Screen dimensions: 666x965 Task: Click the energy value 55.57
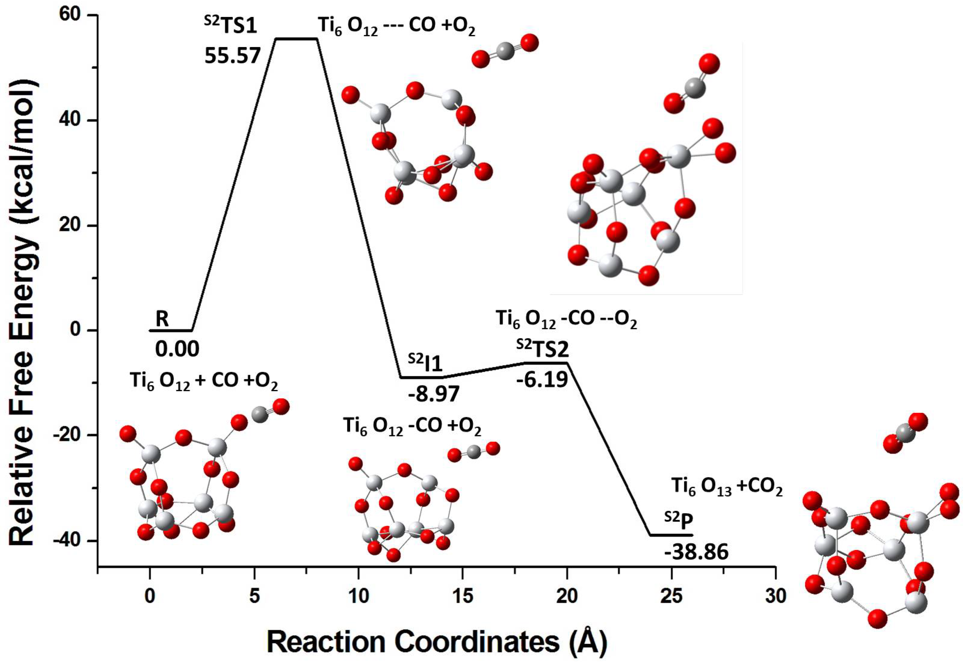tap(232, 55)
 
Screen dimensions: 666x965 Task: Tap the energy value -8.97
tap(434, 393)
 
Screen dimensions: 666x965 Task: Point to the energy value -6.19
tap(542, 380)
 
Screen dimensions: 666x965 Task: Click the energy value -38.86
tap(696, 552)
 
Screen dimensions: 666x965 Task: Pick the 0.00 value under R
tap(177, 348)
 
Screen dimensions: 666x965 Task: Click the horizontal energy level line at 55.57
tap(297, 39)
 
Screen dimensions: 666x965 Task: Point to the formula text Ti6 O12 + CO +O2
tap(204, 381)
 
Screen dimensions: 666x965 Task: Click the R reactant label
tap(162, 319)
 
